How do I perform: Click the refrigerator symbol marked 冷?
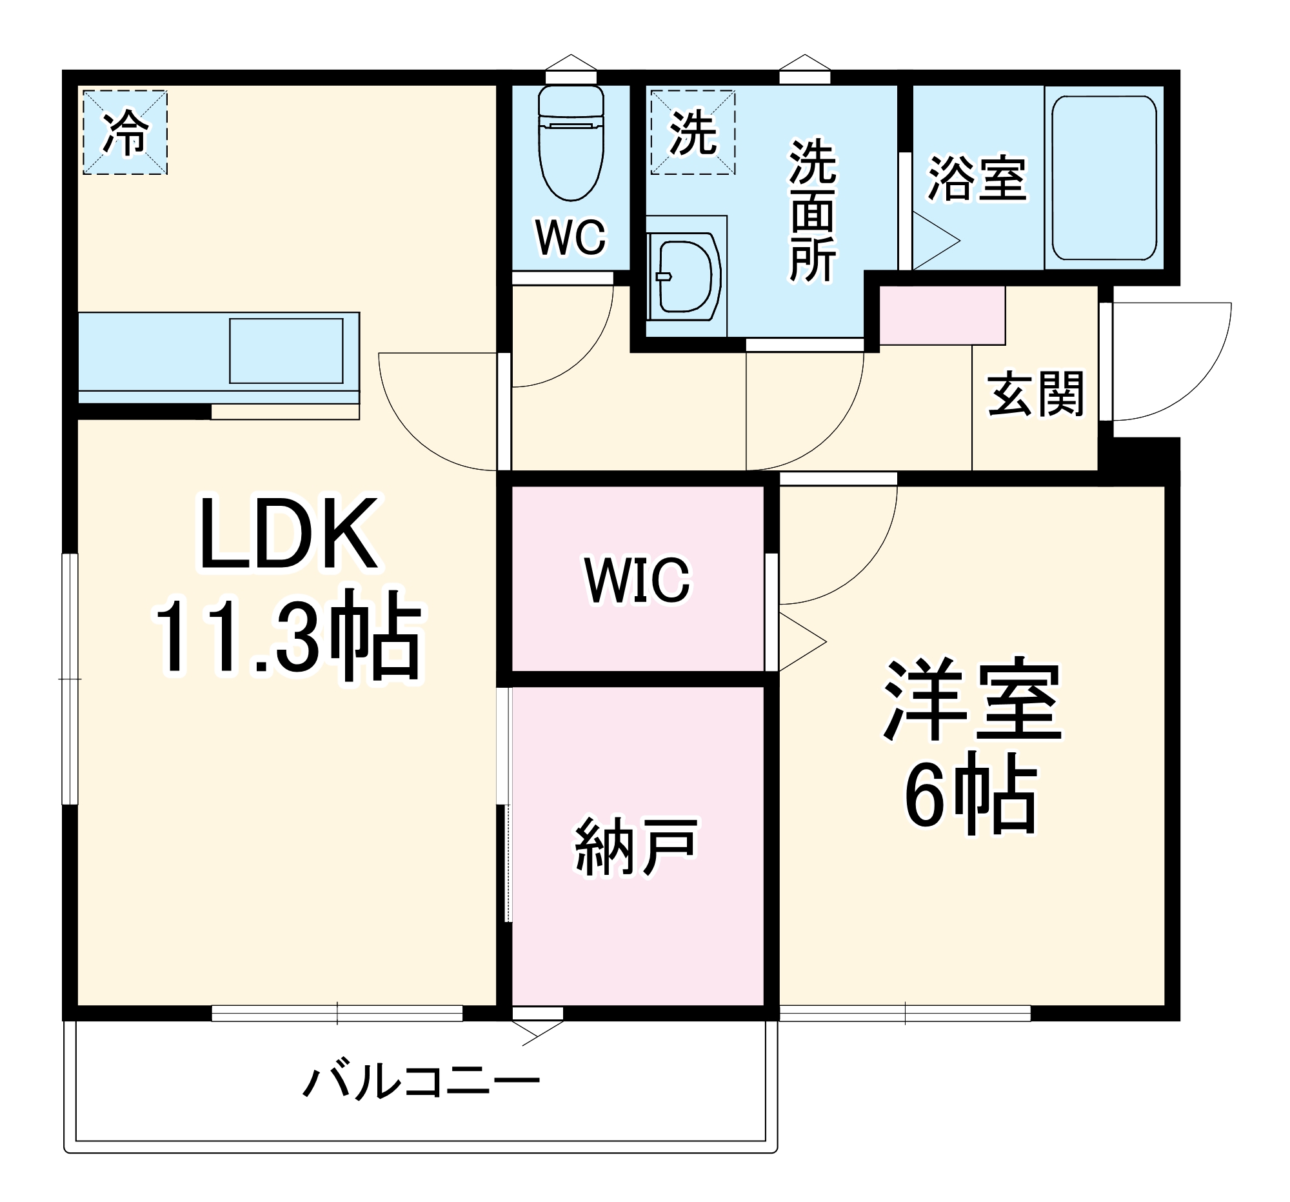[x=125, y=132]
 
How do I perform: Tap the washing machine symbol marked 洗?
[x=693, y=132]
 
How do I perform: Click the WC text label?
[x=570, y=237]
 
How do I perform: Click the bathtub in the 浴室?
[x=1104, y=178]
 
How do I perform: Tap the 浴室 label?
[x=977, y=178]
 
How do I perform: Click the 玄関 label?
[x=1036, y=394]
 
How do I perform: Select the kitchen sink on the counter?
[x=286, y=350]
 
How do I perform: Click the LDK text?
[x=289, y=536]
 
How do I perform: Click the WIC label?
[x=637, y=579]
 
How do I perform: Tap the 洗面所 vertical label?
[x=813, y=211]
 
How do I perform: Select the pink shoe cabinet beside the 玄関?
[x=942, y=316]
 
